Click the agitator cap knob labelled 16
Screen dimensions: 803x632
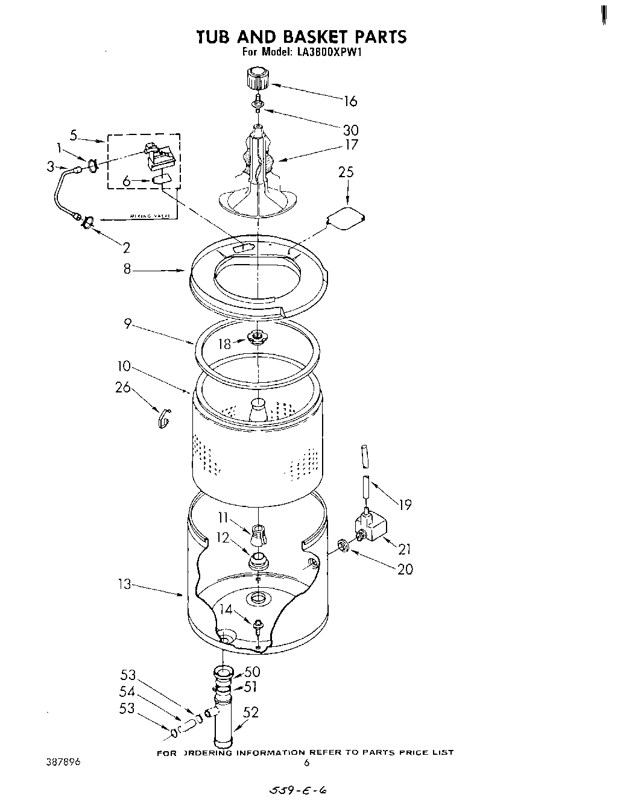pyautogui.click(x=256, y=79)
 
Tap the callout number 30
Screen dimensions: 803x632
pyautogui.click(x=350, y=130)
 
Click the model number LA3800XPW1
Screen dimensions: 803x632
pyautogui.click(x=329, y=52)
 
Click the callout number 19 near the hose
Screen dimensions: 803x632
pyautogui.click(x=405, y=505)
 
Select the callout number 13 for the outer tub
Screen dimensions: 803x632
pyautogui.click(x=124, y=584)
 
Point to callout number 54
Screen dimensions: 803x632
pyautogui.click(x=128, y=692)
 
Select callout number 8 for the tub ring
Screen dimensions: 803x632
pyautogui.click(x=127, y=269)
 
